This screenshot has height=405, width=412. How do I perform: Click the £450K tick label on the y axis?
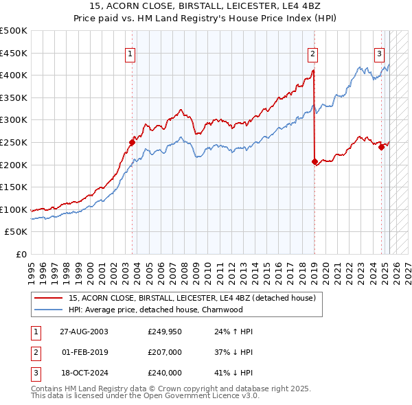[x=14, y=53]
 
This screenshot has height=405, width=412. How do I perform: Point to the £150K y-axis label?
[x=14, y=187]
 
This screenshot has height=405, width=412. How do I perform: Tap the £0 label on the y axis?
[x=21, y=254]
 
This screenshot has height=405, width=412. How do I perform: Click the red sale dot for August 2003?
[x=133, y=142]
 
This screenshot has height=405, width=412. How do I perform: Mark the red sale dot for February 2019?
[x=314, y=162]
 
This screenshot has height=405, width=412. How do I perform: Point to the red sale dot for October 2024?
[x=381, y=146]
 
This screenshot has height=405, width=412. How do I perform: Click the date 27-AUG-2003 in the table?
[x=84, y=332]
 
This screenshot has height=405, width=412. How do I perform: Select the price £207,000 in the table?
[x=164, y=352]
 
